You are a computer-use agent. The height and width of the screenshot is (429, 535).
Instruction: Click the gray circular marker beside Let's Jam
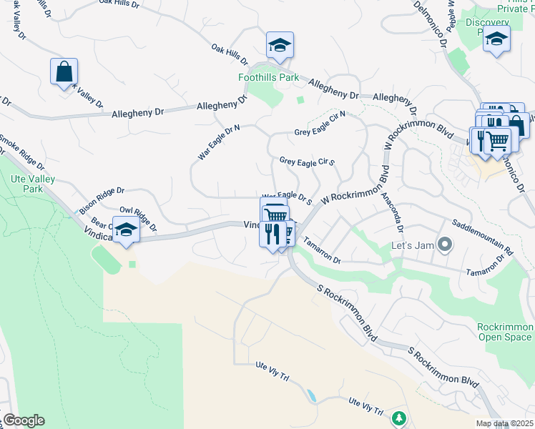pyautogui.click(x=445, y=245)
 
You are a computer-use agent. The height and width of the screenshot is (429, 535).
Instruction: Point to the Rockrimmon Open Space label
pyautogui.click(x=505, y=332)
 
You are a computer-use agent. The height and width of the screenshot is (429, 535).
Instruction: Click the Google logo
pyautogui.click(x=24, y=420)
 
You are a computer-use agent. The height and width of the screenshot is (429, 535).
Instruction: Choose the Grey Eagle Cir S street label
pyautogui.click(x=308, y=162)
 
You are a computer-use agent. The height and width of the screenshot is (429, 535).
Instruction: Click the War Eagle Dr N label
pyautogui.click(x=218, y=142)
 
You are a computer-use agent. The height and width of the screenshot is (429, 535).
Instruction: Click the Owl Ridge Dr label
pyautogui.click(x=137, y=220)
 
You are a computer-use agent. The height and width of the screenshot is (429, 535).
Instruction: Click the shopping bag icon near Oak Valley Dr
pyautogui.click(x=64, y=71)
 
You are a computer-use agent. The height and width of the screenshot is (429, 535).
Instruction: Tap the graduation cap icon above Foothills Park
pyautogui.click(x=280, y=45)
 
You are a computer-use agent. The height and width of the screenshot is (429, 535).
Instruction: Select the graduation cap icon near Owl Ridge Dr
pyautogui.click(x=127, y=230)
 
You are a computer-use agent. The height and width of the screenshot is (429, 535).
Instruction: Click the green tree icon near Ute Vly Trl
pyautogui.click(x=398, y=417)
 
